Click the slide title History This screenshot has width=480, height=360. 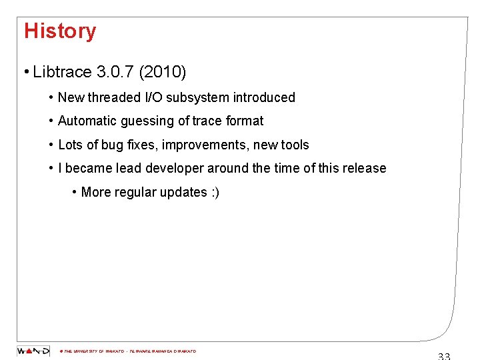(60, 31)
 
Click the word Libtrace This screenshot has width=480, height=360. (62, 71)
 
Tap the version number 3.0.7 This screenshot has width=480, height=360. (115, 71)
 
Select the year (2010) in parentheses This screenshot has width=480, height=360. (163, 71)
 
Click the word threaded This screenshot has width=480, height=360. (115, 97)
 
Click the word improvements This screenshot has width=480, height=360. (207, 145)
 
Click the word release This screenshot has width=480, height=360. (365, 168)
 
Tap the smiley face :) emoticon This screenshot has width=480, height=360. (214, 192)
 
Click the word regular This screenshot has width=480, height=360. (137, 192)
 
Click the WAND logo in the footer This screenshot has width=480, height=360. (33, 351)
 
